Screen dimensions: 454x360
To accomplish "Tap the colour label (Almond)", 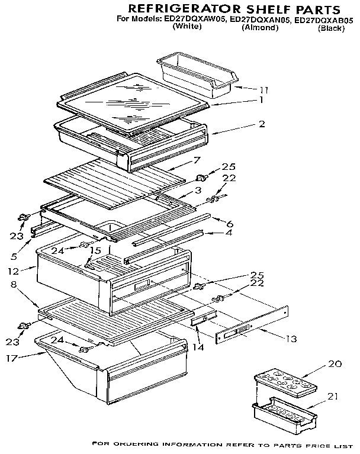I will pyautogui.click(x=260, y=28).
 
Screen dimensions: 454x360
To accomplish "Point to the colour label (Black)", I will pyautogui.click(x=331, y=28).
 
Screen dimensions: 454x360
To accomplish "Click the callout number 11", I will pyautogui.click(x=263, y=90).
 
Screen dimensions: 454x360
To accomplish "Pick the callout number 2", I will pyautogui.click(x=261, y=124).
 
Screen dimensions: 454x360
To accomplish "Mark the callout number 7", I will pyautogui.click(x=197, y=160).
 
